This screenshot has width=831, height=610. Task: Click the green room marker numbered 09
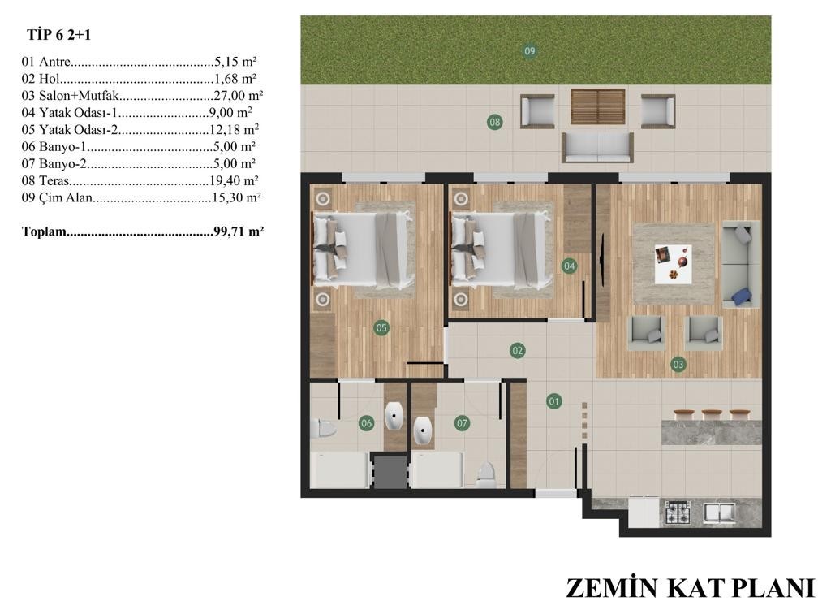[x=529, y=51]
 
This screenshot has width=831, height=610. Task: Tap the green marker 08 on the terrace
[x=494, y=122]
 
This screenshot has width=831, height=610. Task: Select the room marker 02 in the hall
[x=517, y=350]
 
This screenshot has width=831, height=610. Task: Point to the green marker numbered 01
[x=553, y=401]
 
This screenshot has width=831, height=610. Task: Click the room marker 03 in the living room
[x=678, y=364]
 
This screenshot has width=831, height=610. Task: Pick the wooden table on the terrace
[x=598, y=106]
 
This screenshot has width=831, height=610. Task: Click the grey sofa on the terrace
[x=598, y=147]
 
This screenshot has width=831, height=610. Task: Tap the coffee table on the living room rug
[x=673, y=264]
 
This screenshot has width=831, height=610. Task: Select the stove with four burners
[x=678, y=513]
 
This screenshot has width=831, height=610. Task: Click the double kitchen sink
[x=719, y=513]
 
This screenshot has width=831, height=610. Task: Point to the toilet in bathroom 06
[x=323, y=428]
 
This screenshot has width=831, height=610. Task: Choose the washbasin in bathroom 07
[x=423, y=430]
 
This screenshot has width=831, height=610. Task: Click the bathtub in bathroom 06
[x=340, y=470]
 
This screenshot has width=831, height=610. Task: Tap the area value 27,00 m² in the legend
[x=239, y=96]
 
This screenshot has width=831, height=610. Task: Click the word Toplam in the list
[x=44, y=231]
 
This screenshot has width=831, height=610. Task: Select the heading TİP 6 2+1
[x=58, y=35]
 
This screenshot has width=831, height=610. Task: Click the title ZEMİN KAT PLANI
[x=690, y=588]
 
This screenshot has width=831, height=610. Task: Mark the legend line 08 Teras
[x=140, y=180]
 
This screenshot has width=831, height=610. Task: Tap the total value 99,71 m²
[x=239, y=231]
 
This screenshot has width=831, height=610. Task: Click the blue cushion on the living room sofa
[x=742, y=296]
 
